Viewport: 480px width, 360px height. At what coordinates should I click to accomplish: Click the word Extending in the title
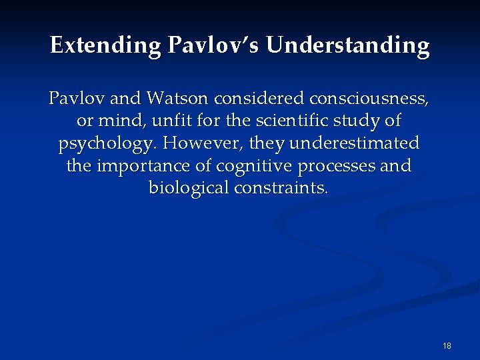105,45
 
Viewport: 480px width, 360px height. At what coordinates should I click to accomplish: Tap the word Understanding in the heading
349,45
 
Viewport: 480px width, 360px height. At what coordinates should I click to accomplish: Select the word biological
189,188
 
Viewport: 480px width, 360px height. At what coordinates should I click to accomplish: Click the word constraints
281,188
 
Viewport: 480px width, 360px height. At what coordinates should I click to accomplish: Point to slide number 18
447,346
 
